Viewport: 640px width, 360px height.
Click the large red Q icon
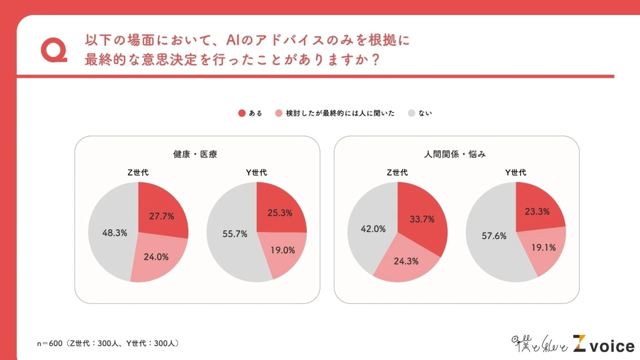tap(53, 50)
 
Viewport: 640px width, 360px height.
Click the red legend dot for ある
tap(242, 113)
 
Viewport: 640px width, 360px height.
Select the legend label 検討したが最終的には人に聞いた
tap(340, 113)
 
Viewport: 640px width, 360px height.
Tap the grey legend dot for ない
tap(411, 113)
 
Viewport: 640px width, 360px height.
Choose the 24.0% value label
tap(156, 257)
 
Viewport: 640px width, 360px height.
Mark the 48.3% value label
tap(115, 233)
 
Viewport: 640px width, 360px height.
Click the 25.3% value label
tap(279, 212)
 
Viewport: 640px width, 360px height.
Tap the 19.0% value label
tap(282, 249)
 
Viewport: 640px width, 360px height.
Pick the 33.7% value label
tap(421, 219)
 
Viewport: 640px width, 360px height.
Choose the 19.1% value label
tap(543, 247)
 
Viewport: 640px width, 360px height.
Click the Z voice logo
tap(603, 344)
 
